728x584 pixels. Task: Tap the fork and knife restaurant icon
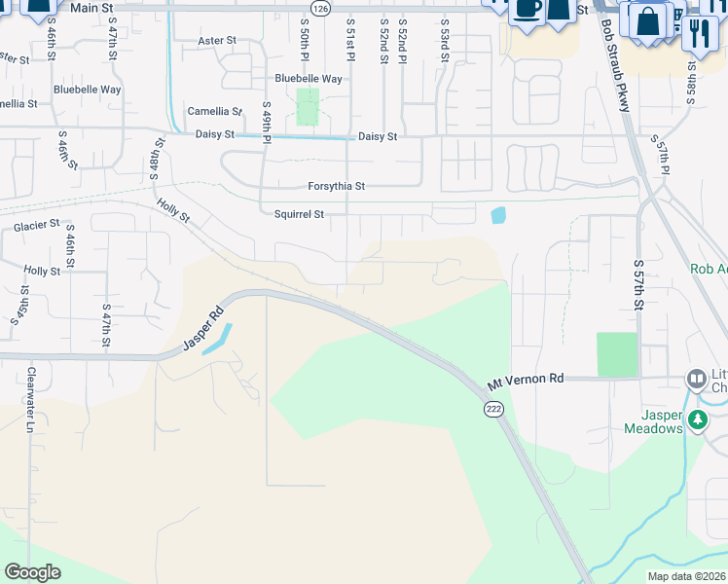[x=698, y=32]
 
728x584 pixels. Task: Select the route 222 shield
[x=493, y=411]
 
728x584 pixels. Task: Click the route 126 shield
[x=322, y=8]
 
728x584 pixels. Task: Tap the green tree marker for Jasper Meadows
[x=697, y=420]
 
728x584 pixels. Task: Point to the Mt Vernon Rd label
[x=526, y=379]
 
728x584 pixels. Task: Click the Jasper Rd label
[x=203, y=331]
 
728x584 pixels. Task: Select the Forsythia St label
[x=336, y=186]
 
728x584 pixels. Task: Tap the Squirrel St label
[x=298, y=214]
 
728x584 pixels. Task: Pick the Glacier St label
[x=37, y=227]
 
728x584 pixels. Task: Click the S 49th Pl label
[x=266, y=120]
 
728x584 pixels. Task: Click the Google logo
[x=32, y=572]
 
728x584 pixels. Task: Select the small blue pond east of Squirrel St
[x=498, y=215]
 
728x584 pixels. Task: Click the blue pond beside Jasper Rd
[x=216, y=339]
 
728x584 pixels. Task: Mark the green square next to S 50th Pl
[x=308, y=107]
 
